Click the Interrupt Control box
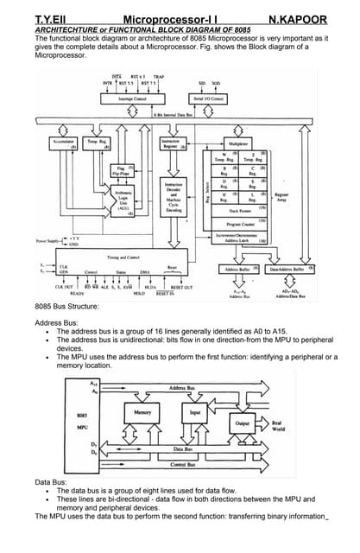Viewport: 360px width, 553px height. pyautogui.click(x=132, y=100)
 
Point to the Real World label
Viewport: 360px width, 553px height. pyautogui.click(x=278, y=426)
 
